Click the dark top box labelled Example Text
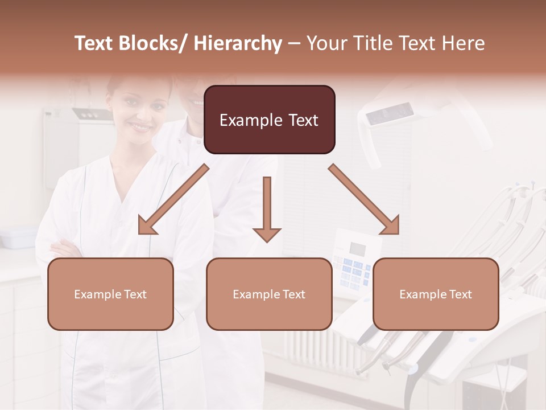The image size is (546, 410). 269,120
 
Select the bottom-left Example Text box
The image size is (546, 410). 110,294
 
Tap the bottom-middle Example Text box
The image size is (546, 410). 269,294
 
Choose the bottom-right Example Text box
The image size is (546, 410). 436,294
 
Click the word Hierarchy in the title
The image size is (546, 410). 238,44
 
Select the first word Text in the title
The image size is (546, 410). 95,44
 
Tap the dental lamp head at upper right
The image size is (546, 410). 390,114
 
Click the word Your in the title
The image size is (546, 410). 325,44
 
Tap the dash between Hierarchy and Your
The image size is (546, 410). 294,44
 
